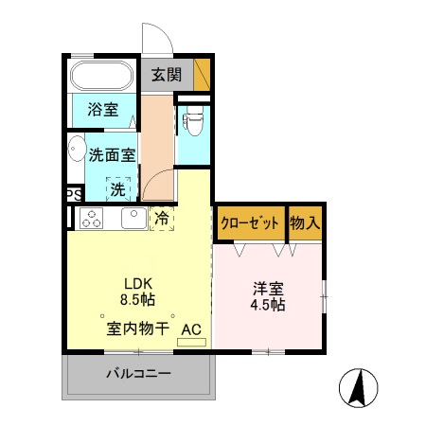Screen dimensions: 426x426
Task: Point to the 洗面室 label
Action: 113,154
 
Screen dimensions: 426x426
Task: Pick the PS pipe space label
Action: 72,194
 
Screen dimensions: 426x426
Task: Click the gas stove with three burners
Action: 92,220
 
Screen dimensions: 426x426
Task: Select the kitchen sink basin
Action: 133,219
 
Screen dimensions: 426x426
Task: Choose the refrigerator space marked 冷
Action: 161,219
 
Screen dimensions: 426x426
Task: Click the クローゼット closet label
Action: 250,224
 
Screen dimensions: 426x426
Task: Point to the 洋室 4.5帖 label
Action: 269,296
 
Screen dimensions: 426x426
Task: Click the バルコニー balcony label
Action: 138,374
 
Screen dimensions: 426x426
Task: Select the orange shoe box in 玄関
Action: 202,74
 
